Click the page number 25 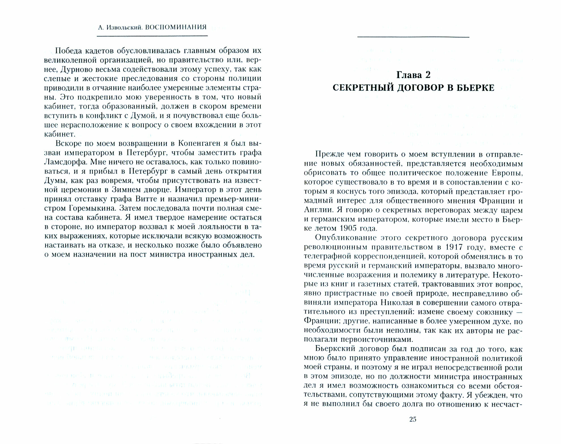[413, 419]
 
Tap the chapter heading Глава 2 [413, 75]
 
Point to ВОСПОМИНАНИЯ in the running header [176, 27]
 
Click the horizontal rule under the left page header [152, 36]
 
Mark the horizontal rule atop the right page [413, 37]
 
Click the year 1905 [350, 229]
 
